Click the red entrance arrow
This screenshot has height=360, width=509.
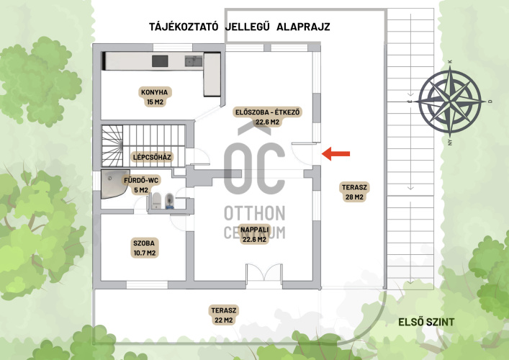point(335,153)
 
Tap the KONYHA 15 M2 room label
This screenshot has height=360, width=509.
point(155,96)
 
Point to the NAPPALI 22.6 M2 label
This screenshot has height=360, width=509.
point(255,235)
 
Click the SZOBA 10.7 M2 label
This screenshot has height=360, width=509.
point(145,248)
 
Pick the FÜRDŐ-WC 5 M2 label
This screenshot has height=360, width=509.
point(141,185)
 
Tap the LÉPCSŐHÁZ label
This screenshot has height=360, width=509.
point(152,158)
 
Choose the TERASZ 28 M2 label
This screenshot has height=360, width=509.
point(354,192)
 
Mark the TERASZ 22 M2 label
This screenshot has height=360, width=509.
point(224,315)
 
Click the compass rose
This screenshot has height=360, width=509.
point(450,102)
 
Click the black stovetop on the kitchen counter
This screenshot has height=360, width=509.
point(160,61)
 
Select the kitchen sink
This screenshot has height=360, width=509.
point(194,61)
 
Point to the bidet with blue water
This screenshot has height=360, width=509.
point(169,201)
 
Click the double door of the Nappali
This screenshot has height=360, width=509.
point(264,273)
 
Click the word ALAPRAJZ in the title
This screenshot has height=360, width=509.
point(303,27)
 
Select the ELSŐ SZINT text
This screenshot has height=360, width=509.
point(426,322)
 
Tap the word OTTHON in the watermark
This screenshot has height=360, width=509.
point(255,213)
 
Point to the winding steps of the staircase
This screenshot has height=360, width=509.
point(112,145)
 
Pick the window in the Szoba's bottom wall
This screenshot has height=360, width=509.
point(147,284)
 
